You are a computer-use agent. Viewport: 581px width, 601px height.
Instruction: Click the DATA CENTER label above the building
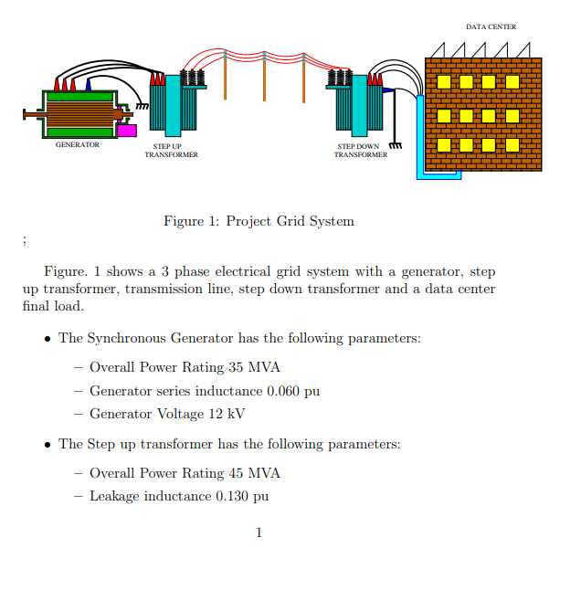pos(491,27)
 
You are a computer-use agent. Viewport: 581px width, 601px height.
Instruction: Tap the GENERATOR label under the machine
pos(78,145)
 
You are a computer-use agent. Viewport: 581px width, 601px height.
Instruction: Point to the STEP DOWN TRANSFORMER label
pos(360,151)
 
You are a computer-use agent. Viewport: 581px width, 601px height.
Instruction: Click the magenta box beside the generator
pos(127,131)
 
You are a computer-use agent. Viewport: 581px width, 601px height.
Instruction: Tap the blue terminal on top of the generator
pos(89,84)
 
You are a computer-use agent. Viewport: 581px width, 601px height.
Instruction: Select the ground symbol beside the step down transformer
pos(396,145)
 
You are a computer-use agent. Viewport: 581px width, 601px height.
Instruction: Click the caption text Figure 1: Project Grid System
pos(259,221)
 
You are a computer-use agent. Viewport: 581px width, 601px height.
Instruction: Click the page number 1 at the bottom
pos(259,533)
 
